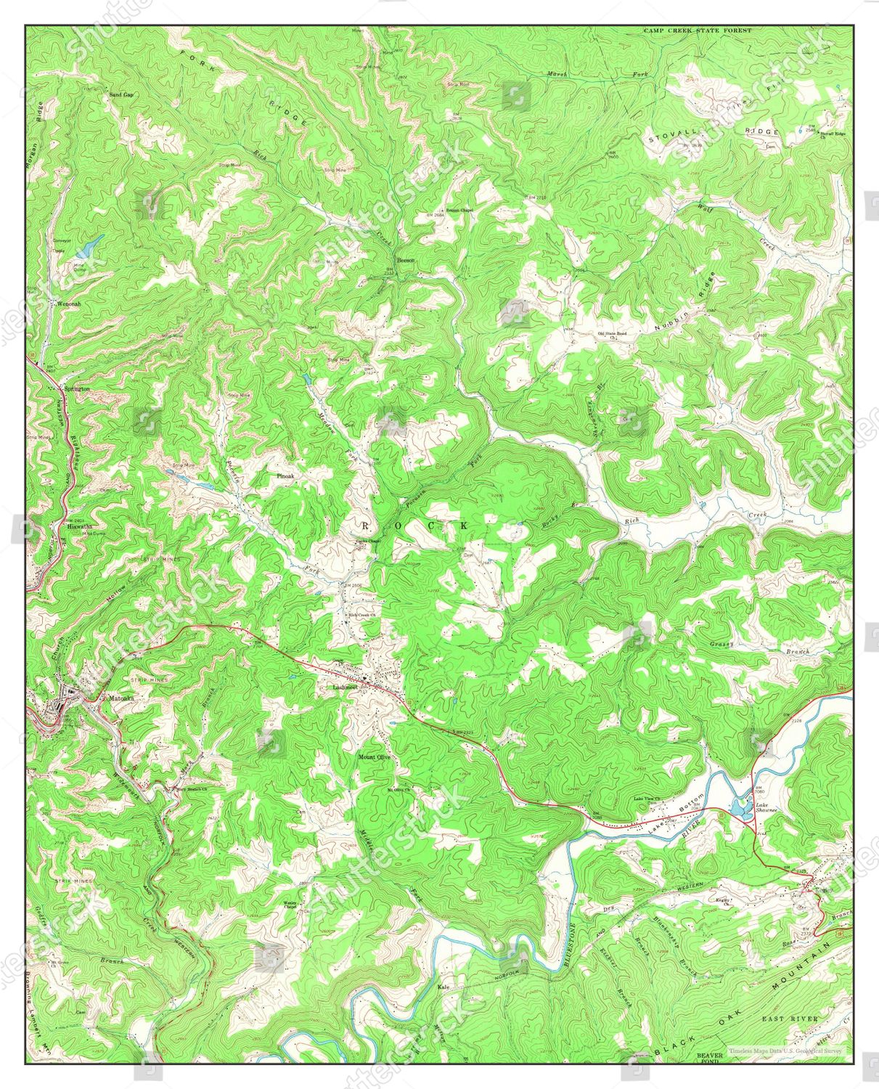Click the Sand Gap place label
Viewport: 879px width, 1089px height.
[x=121, y=95]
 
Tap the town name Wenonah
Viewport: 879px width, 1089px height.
[x=65, y=304]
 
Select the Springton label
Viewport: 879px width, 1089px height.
[x=76, y=389]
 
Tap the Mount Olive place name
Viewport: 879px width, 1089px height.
[x=374, y=756]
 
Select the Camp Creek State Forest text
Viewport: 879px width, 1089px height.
[x=698, y=31]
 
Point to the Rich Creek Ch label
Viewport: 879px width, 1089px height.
[x=361, y=616]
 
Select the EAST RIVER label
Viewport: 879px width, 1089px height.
[x=790, y=1019]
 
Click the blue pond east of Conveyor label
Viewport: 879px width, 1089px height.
[x=86, y=249]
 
